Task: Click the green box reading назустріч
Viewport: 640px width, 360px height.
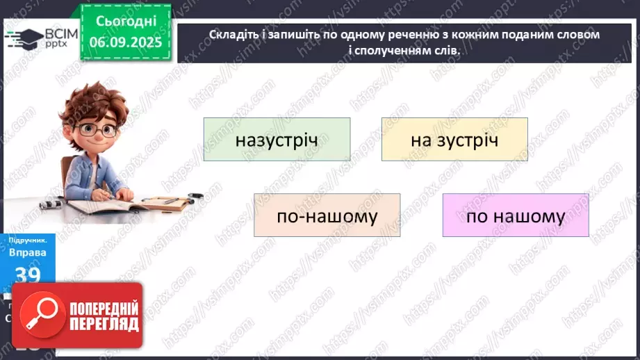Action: pyautogui.click(x=277, y=140)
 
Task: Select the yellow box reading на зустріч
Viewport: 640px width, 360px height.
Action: pyautogui.click(x=454, y=140)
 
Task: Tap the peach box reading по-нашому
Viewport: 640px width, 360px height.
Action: pyautogui.click(x=327, y=215)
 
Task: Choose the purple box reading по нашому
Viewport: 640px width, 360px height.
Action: pyautogui.click(x=516, y=215)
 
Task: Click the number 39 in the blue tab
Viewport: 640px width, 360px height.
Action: pyautogui.click(x=27, y=274)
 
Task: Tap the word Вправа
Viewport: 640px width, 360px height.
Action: pyautogui.click(x=27, y=252)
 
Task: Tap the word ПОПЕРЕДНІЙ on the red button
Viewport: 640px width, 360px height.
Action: pyautogui.click(x=103, y=309)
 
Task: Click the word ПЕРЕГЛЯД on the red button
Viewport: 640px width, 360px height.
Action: pyautogui.click(x=103, y=324)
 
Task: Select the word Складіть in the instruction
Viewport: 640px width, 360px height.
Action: pyautogui.click(x=231, y=34)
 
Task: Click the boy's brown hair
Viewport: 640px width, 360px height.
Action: pyautogui.click(x=90, y=104)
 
